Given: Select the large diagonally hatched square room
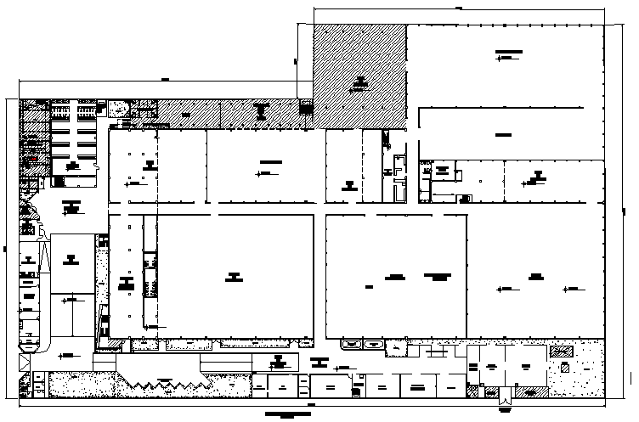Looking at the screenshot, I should click(360, 76).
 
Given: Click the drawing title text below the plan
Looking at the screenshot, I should click(289, 415).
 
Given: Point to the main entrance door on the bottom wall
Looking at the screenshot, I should click(506, 395).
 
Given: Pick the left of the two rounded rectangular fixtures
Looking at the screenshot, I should click(350, 343).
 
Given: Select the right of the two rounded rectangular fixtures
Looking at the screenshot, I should click(372, 343).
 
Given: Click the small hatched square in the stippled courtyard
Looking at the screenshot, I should click(563, 367).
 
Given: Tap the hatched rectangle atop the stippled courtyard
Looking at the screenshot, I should click(561, 351).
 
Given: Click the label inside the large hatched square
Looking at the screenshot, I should click(360, 82).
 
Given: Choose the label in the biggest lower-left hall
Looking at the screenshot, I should click(234, 275).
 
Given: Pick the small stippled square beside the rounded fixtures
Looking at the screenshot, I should click(396, 348).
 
